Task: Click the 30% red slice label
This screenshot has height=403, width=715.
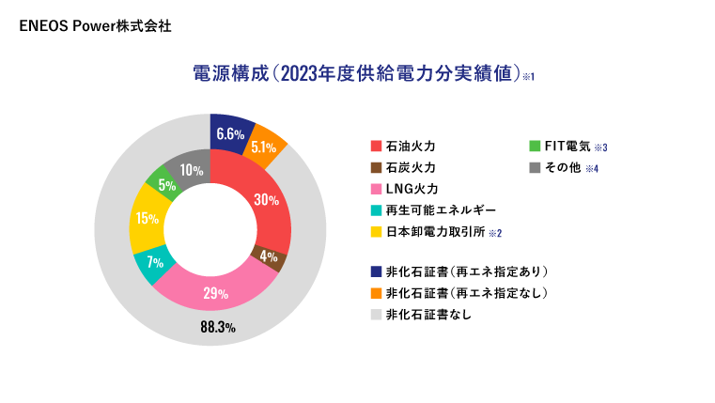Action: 267,199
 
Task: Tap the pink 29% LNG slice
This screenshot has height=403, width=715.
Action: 215,292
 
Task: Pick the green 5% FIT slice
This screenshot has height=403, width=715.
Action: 166,184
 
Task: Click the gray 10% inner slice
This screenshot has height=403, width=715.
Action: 191,170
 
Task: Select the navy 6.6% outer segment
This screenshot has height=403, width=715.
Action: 231,133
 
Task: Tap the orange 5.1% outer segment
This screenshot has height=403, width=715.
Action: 264,147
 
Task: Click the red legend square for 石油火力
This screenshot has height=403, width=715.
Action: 376,147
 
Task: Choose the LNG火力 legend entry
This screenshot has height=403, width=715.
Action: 411,189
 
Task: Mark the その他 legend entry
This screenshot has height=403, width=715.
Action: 562,168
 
